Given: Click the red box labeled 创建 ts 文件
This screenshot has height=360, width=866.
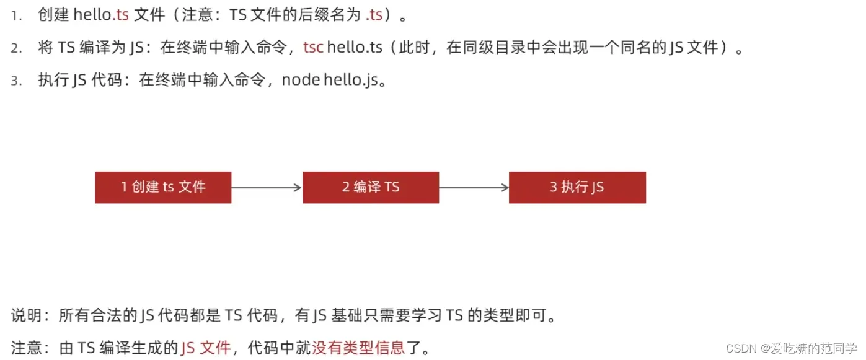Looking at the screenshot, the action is [x=163, y=187].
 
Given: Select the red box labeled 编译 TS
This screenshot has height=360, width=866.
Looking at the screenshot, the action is [x=371, y=187].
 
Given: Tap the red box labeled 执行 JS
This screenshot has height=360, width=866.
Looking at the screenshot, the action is [x=577, y=187].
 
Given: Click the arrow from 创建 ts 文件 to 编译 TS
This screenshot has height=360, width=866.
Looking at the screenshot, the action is [x=267, y=187].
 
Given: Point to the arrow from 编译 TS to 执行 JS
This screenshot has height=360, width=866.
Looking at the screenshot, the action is [x=474, y=187].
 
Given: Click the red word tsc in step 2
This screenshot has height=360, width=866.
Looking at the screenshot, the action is [x=313, y=48].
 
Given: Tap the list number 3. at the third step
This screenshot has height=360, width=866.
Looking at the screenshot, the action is [x=17, y=81].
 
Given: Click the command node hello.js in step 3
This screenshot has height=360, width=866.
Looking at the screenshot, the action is [x=328, y=81].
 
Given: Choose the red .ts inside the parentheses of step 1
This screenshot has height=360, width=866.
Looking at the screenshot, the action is [x=374, y=15].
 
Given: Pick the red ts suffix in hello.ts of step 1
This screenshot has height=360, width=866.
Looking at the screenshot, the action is [x=122, y=15].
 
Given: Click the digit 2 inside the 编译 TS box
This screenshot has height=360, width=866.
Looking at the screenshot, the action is [x=346, y=187].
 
